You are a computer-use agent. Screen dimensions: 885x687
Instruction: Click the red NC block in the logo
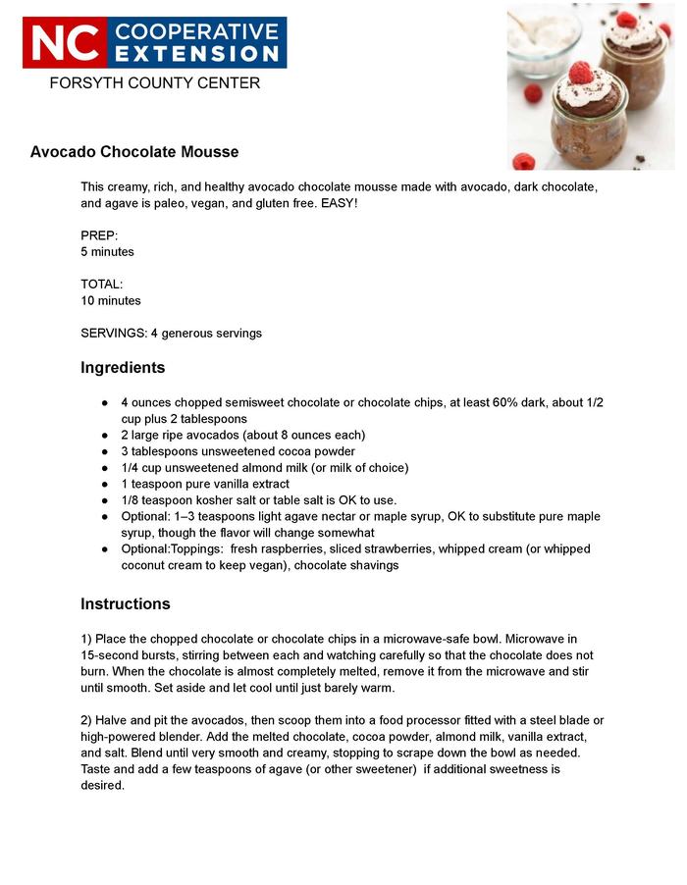click(65, 42)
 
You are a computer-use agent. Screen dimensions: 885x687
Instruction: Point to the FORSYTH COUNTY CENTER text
click(154, 83)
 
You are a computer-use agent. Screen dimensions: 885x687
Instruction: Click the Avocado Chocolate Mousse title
click(134, 152)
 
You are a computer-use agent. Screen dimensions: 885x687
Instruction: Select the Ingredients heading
click(123, 368)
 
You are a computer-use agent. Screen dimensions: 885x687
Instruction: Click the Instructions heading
click(126, 603)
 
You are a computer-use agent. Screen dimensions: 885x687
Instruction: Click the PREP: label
click(99, 235)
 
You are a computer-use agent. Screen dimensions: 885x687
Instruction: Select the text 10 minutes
click(111, 301)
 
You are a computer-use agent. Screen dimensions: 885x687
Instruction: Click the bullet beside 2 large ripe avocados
click(105, 436)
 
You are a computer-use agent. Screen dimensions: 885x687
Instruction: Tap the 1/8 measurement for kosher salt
click(132, 500)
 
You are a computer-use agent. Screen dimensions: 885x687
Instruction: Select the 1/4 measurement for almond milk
click(132, 468)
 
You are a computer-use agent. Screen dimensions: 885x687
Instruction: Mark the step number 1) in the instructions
click(86, 639)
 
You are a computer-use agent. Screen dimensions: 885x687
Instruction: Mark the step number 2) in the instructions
click(86, 720)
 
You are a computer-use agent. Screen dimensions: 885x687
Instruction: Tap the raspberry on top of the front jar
click(581, 73)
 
